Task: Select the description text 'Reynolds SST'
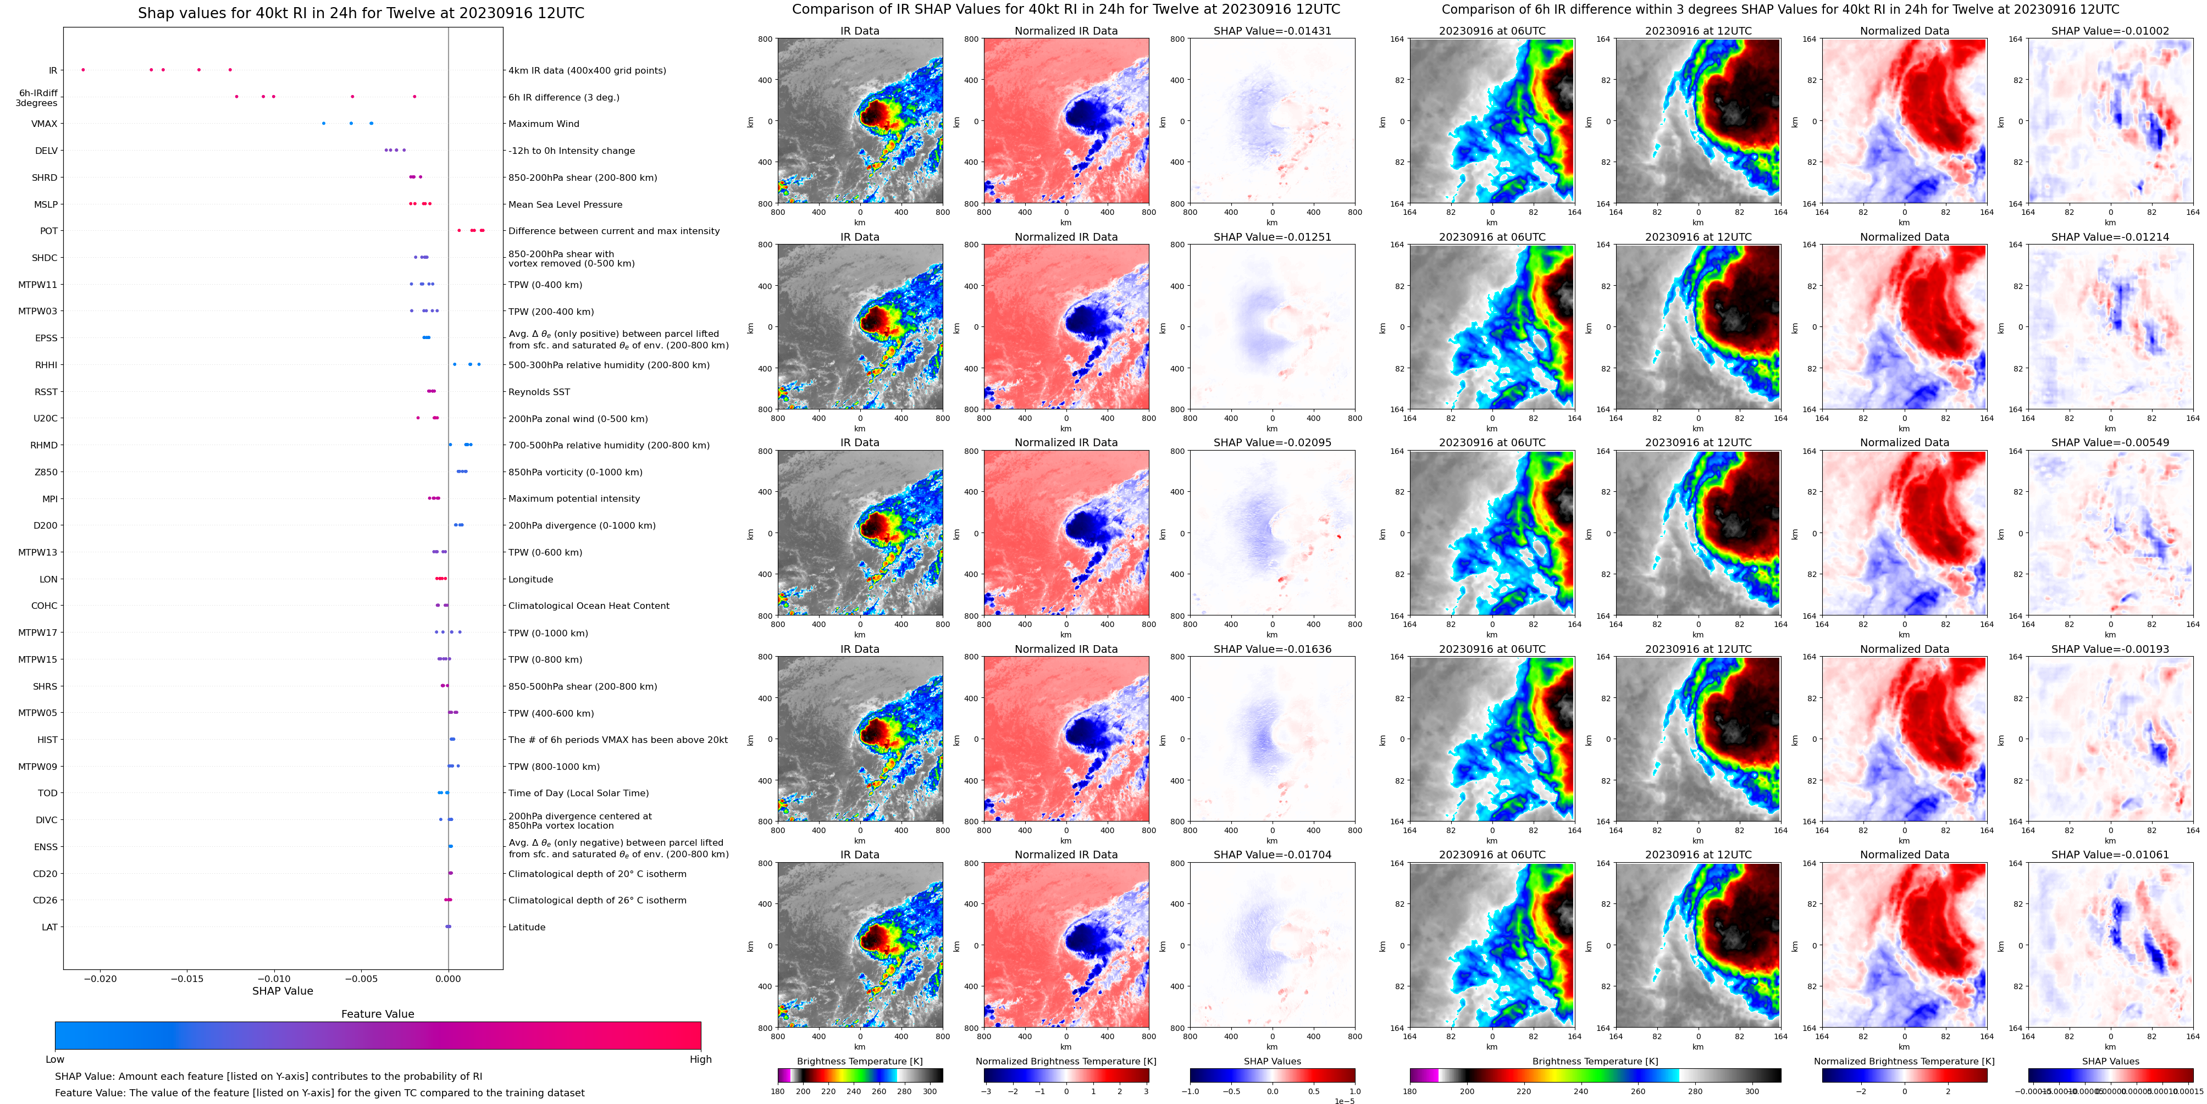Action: pos(538,392)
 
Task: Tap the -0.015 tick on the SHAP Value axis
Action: pos(187,978)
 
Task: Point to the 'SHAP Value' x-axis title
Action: pos(282,991)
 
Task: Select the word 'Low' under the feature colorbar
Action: pos(55,1059)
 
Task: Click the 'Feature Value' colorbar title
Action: pos(377,1014)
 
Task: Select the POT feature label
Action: pos(49,231)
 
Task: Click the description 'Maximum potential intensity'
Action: pos(573,498)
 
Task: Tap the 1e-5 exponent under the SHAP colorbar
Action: pos(1343,1101)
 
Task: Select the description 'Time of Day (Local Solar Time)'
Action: pos(578,793)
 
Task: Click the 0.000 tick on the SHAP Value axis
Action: pos(447,978)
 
